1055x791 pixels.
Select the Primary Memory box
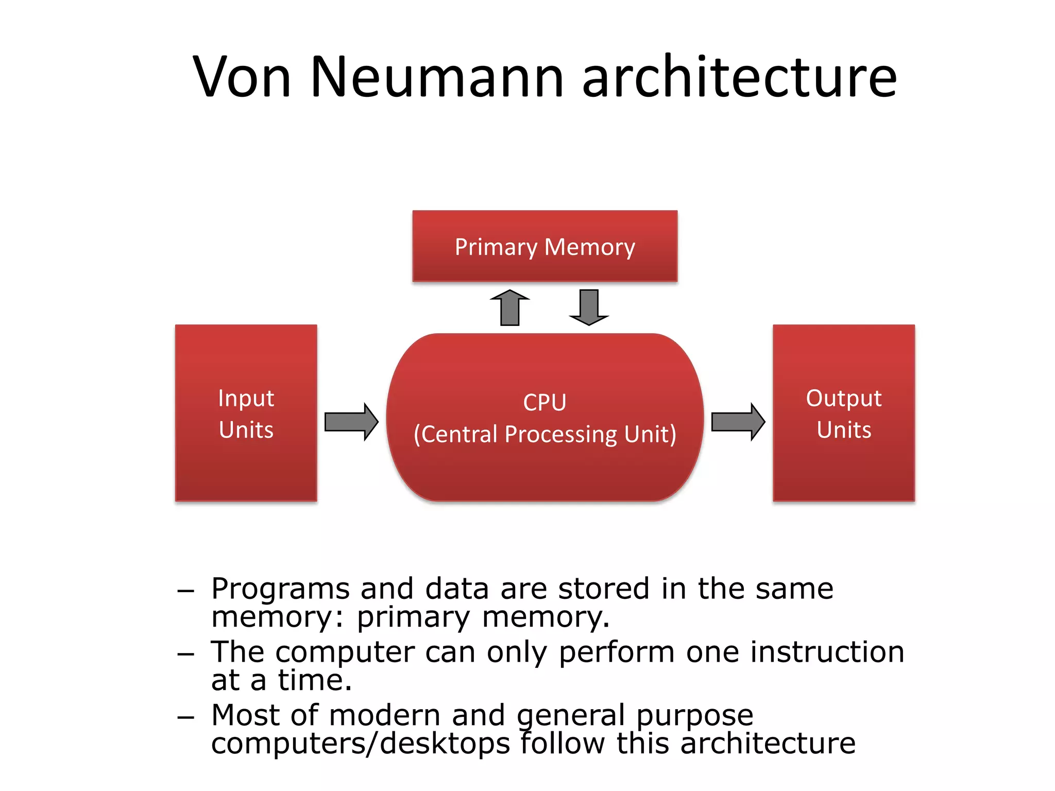coord(544,246)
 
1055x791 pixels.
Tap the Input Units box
coord(246,413)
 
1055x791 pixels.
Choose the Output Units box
coord(843,413)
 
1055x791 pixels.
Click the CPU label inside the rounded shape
coord(544,402)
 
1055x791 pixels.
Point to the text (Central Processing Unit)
coord(544,434)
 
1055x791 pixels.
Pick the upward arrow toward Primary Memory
coord(509,308)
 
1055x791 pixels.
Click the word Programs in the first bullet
coord(280,590)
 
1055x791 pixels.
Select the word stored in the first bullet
coord(603,589)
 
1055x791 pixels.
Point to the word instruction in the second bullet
coord(827,652)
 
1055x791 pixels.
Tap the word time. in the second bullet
coord(315,680)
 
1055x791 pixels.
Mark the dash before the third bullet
coord(185,717)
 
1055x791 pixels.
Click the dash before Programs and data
coord(185,591)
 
